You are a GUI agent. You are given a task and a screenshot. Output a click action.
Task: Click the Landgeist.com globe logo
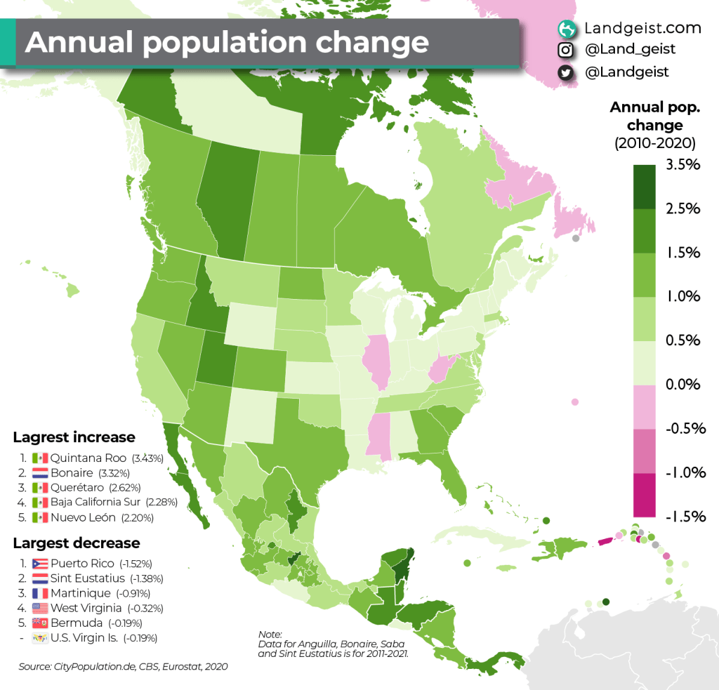(x=566, y=28)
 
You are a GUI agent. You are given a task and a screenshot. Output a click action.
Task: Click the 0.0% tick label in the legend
(x=682, y=385)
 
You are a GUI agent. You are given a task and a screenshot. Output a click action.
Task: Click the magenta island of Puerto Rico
(x=605, y=541)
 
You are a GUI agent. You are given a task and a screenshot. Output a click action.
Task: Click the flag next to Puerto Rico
(x=39, y=563)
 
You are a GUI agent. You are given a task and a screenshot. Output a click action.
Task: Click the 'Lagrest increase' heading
(x=74, y=437)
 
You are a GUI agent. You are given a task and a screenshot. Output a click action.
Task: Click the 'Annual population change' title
(x=226, y=43)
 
